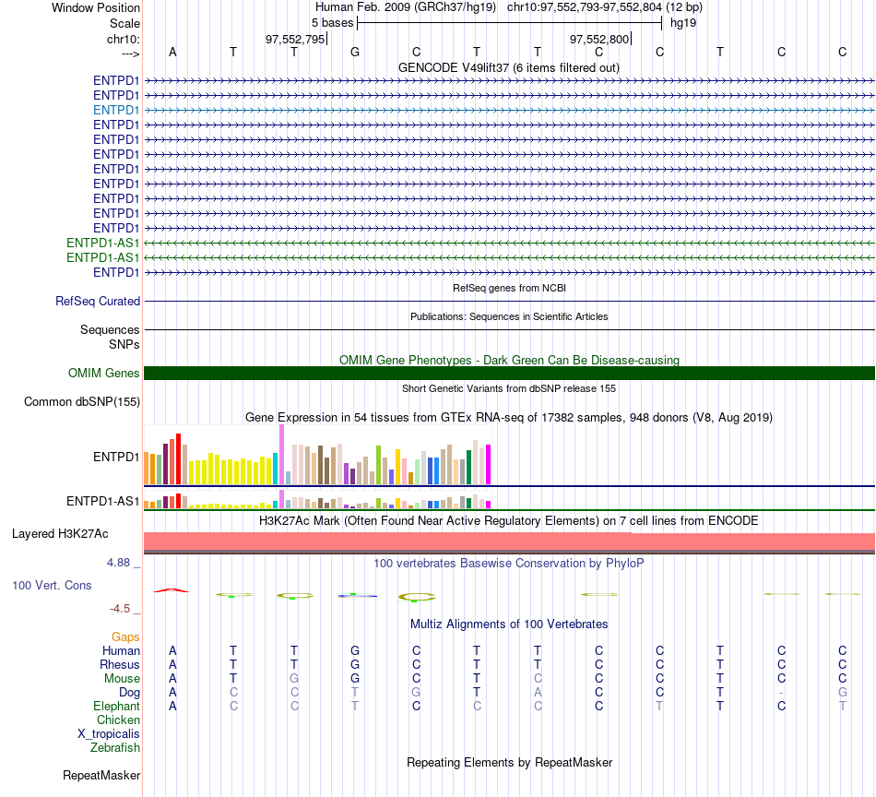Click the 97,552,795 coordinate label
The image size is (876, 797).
295,39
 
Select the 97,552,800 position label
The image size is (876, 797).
599,39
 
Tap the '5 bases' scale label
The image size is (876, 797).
332,23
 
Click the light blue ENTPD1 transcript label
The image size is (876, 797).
116,110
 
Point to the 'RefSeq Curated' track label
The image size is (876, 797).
98,302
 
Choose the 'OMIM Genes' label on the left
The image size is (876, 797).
104,373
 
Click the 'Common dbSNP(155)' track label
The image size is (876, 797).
82,402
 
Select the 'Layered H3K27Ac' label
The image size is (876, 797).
60,534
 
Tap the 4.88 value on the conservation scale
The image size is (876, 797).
118,563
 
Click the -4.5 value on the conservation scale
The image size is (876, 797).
120,609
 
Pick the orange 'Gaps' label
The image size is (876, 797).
125,637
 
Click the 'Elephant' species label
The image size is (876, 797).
116,707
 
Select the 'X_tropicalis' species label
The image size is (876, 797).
109,734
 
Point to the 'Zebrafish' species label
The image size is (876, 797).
115,748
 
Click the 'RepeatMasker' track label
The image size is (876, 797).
101,775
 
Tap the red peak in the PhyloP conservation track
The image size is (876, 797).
172,589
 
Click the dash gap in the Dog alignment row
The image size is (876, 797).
781,693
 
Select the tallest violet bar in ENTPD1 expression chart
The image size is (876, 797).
281,455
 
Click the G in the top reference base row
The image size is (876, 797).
355,52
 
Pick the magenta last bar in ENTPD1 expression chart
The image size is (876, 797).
489,464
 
